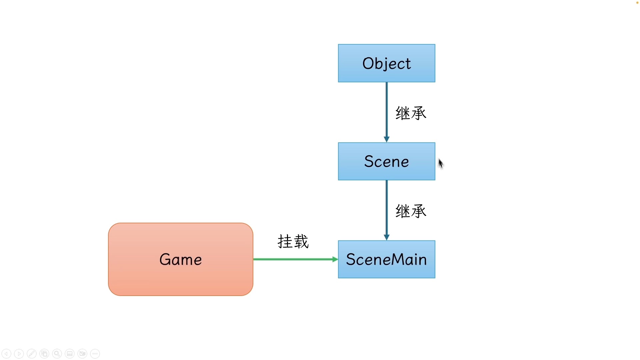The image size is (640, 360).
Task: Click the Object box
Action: pyautogui.click(x=386, y=63)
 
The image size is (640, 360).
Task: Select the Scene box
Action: pyautogui.click(x=386, y=162)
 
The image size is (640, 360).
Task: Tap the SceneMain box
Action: pyautogui.click(x=386, y=259)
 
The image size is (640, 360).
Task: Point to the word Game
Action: pyautogui.click(x=180, y=259)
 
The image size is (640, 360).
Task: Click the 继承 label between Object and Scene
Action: pyautogui.click(x=411, y=113)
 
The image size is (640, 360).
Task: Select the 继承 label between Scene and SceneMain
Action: pyautogui.click(x=411, y=211)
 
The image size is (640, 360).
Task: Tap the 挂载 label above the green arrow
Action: pyautogui.click(x=293, y=241)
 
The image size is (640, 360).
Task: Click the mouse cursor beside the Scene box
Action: pyautogui.click(x=441, y=163)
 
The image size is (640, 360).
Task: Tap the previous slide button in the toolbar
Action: pyautogui.click(x=6, y=354)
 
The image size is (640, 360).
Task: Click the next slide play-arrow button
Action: pyautogui.click(x=19, y=354)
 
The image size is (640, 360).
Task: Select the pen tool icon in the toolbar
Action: pyautogui.click(x=32, y=354)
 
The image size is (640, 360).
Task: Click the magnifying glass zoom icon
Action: pyautogui.click(x=57, y=354)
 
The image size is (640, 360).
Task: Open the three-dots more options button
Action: pyautogui.click(x=95, y=354)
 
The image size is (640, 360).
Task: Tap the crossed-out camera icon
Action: pyautogui.click(x=82, y=354)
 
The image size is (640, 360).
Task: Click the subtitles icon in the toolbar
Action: pyautogui.click(x=70, y=354)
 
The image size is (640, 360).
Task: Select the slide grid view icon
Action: pyautogui.click(x=44, y=354)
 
